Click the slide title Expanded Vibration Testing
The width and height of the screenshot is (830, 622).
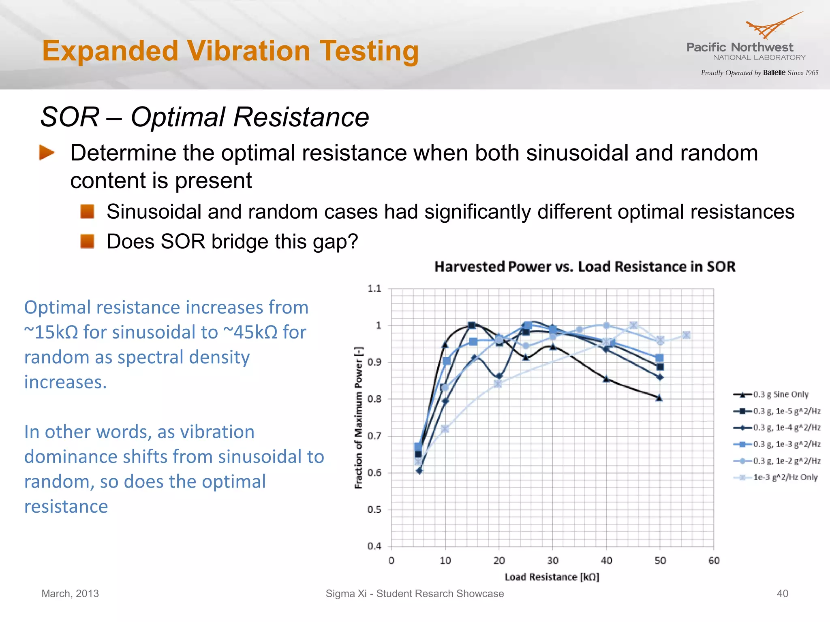pos(230,51)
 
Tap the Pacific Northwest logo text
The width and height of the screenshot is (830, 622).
pos(740,47)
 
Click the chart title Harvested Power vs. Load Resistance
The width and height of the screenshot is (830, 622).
pos(584,267)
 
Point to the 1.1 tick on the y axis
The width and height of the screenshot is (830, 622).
pos(374,289)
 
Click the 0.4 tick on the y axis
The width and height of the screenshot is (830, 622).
pos(374,546)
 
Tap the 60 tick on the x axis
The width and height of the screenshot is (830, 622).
pos(714,561)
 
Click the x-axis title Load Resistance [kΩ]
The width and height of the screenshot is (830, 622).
pos(552,577)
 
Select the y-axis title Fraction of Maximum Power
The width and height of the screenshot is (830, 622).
pos(358,418)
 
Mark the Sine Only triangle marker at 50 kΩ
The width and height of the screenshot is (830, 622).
pos(659,398)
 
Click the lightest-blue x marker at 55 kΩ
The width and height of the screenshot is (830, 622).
pos(687,335)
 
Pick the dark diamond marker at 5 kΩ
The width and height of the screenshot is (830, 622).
pos(419,471)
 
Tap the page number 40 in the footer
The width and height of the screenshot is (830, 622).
pos(782,594)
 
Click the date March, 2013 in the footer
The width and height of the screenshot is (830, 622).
pos(70,594)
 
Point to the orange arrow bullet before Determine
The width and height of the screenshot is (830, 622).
pos(47,153)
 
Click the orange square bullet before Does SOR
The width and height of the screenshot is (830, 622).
pos(87,241)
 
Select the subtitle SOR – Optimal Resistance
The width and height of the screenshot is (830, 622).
pos(205,117)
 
